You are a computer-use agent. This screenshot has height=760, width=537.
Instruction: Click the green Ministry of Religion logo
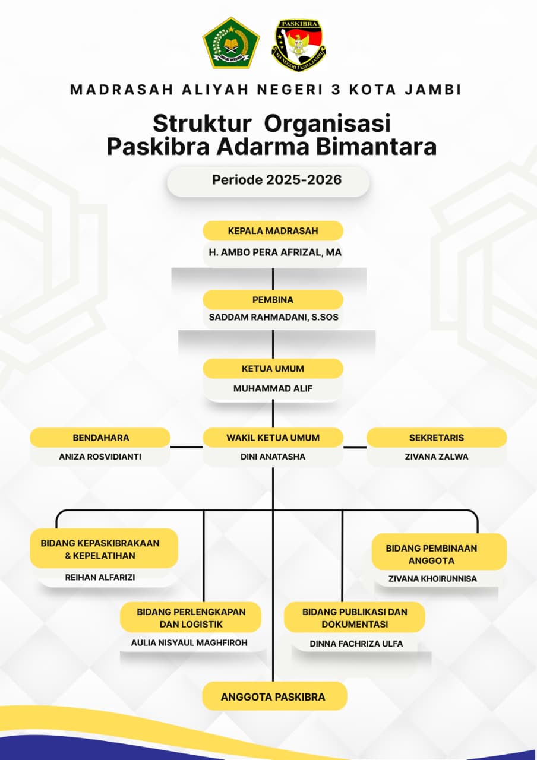pyautogui.click(x=231, y=42)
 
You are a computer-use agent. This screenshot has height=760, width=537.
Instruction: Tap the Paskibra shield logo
pyautogui.click(x=299, y=46)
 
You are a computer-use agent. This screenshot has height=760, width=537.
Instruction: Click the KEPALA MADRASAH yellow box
pyautogui.click(x=273, y=231)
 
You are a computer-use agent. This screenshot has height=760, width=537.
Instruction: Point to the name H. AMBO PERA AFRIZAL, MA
pyautogui.click(x=273, y=252)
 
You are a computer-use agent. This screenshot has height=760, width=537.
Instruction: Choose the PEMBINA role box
pyautogui.click(x=273, y=299)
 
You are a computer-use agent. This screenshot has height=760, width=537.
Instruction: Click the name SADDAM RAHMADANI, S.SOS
pyautogui.click(x=273, y=317)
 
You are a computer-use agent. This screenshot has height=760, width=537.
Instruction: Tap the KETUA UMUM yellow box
pyautogui.click(x=273, y=369)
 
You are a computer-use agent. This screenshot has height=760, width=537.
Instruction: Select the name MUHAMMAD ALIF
pyautogui.click(x=273, y=389)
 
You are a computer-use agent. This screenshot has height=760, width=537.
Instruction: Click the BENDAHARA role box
pyautogui.click(x=100, y=438)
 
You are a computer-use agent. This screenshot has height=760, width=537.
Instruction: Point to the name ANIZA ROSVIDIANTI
pyautogui.click(x=100, y=457)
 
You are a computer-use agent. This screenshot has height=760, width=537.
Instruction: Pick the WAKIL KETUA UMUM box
pyautogui.click(x=273, y=438)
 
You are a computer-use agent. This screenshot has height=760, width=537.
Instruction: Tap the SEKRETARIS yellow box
pyautogui.click(x=436, y=438)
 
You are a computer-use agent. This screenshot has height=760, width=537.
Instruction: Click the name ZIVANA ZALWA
pyautogui.click(x=436, y=457)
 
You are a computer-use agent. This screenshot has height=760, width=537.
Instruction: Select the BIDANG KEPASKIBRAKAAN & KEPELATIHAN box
pyautogui.click(x=104, y=549)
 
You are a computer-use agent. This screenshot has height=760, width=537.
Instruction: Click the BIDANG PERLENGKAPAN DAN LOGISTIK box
pyautogui.click(x=191, y=617)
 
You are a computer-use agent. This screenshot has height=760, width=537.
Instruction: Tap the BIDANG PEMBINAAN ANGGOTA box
pyautogui.click(x=440, y=554)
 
